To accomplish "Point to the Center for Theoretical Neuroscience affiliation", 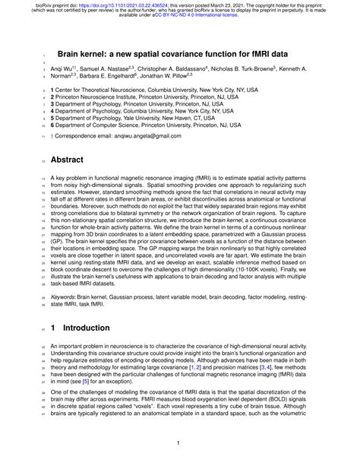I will tap(140, 90).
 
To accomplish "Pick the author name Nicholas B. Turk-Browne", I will tap(267, 68).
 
